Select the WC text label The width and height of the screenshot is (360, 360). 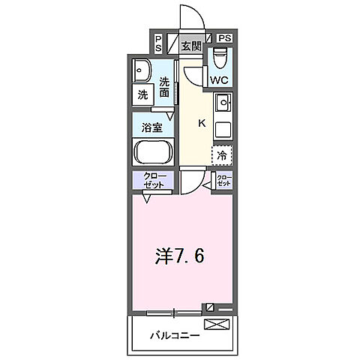point(220,79)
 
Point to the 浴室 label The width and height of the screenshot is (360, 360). point(152,127)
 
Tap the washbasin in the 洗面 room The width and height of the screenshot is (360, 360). point(142,70)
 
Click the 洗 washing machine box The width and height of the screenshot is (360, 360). point(142,94)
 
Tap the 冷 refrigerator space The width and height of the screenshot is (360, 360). point(223,154)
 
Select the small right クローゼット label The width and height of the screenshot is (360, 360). point(223,180)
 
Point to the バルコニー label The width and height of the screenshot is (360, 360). point(174,335)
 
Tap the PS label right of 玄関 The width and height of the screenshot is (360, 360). point(224,37)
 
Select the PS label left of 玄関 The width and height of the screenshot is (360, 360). point(159,43)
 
